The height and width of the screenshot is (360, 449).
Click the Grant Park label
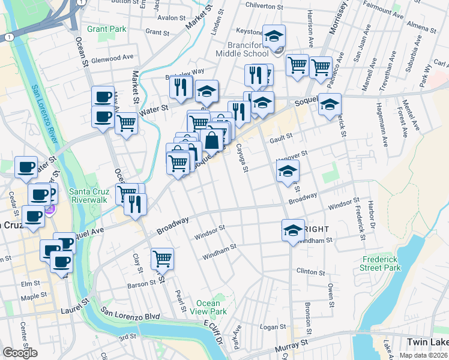[106, 29]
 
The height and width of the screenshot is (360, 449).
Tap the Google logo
[20, 352]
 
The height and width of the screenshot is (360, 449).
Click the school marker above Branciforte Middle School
[274, 38]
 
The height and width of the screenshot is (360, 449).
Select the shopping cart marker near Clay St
[162, 259]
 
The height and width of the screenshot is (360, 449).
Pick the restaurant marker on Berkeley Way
[180, 88]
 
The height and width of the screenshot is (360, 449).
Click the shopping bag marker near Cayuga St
[212, 141]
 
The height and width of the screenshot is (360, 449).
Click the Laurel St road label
[74, 310]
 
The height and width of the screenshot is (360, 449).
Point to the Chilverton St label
[264, 6]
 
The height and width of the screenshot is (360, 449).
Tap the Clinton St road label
[310, 271]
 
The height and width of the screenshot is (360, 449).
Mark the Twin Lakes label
[427, 342]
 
